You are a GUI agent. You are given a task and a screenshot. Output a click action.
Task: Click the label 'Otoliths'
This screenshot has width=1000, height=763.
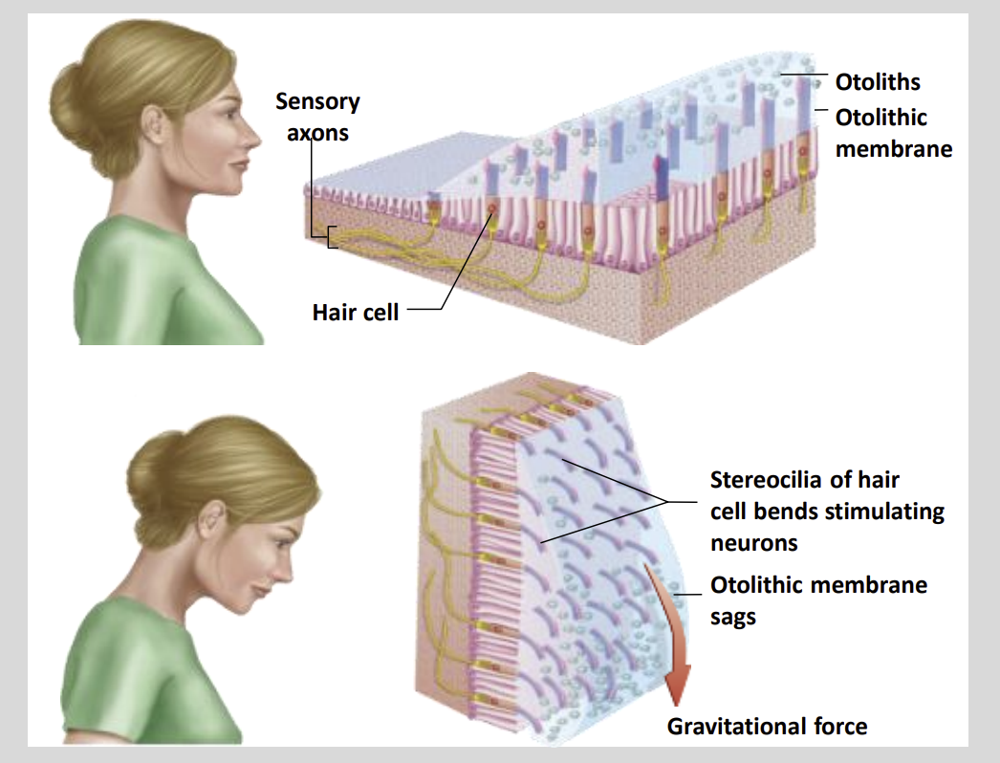pyautogui.click(x=879, y=82)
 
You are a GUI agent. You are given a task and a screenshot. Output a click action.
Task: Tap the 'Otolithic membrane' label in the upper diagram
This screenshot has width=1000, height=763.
pyautogui.click(x=893, y=133)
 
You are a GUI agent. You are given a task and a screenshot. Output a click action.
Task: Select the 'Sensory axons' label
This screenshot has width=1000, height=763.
pyautogui.click(x=317, y=117)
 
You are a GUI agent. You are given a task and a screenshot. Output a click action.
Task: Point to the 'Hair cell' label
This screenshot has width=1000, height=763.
pyautogui.click(x=355, y=312)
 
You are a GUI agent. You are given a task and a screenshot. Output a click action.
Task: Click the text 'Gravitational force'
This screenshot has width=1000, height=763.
pyautogui.click(x=767, y=726)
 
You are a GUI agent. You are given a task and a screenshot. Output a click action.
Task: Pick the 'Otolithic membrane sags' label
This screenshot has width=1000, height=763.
pyautogui.click(x=818, y=599)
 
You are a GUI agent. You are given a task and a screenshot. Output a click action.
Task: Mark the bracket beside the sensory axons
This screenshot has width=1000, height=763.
pyautogui.click(x=331, y=236)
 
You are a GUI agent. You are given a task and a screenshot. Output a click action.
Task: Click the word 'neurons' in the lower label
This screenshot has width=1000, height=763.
pyautogui.click(x=753, y=543)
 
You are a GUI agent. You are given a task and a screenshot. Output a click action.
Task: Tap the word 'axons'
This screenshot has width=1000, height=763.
pyautogui.click(x=317, y=133)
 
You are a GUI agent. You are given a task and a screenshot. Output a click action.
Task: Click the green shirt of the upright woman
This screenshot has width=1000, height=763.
pyautogui.click(x=163, y=287)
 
